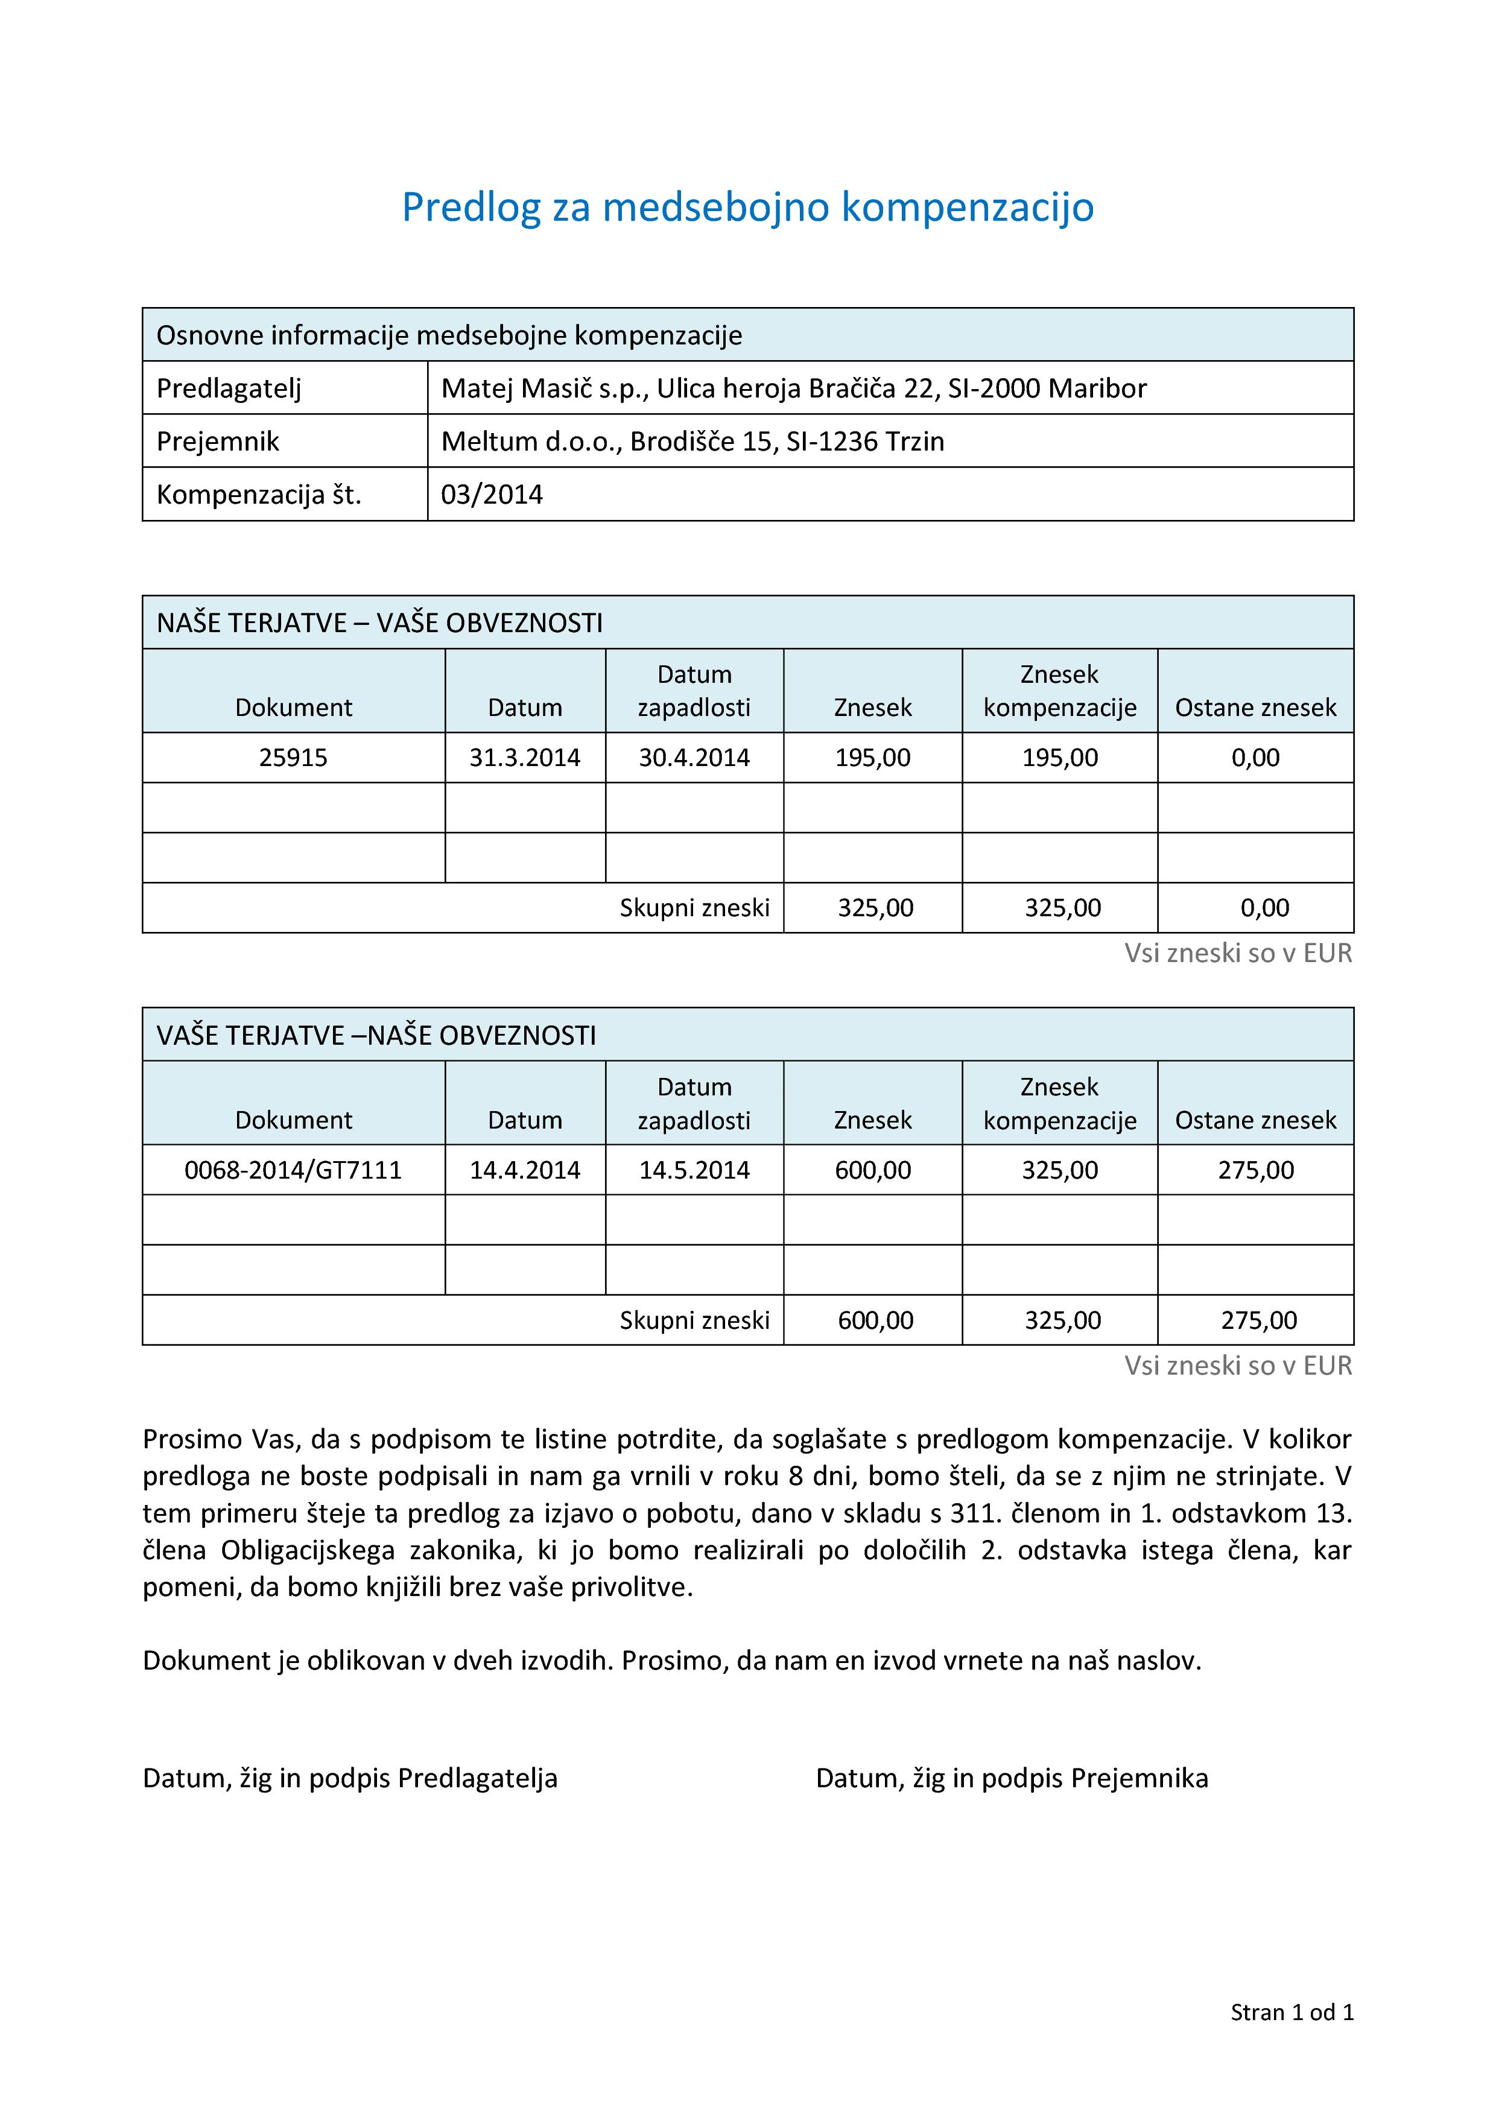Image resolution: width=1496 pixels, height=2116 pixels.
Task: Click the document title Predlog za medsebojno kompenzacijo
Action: (747, 207)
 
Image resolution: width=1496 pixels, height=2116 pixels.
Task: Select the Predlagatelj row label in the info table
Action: (229, 388)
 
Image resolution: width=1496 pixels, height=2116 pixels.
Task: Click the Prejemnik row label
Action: (218, 442)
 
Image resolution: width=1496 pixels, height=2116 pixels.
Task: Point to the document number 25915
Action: (293, 758)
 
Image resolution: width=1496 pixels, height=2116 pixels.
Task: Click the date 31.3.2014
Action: (524, 758)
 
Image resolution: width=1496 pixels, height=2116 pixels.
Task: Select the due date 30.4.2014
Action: (694, 758)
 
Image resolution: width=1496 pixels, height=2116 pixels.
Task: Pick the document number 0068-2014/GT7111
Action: (293, 1170)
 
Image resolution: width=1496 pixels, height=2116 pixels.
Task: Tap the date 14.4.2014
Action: (524, 1170)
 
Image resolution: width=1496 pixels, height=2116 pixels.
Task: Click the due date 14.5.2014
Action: (694, 1170)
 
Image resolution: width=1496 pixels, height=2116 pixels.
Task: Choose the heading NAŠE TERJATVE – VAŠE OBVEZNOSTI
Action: (379, 623)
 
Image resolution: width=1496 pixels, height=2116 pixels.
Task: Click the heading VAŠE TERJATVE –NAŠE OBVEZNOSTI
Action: (376, 1036)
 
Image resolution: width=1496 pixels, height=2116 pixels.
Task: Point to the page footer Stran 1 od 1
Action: (1292, 2012)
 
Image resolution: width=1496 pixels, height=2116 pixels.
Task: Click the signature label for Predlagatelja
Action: (350, 1778)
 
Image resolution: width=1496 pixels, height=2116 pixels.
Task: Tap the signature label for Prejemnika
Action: (1011, 1778)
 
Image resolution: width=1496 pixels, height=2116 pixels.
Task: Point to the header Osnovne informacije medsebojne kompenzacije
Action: (449, 335)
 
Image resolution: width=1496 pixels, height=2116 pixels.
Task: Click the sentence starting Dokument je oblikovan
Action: (672, 1660)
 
